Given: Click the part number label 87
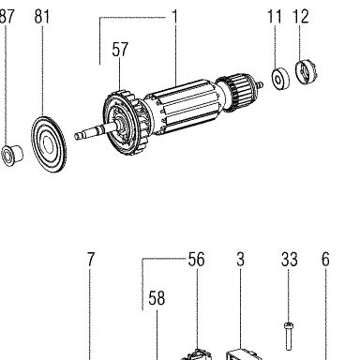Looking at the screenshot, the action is [x=7, y=16].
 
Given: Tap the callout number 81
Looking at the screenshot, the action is [x=42, y=16].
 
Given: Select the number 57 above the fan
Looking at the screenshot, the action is [x=120, y=50].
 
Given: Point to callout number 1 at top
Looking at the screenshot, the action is [x=175, y=17].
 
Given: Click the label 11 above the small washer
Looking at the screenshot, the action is [x=275, y=16].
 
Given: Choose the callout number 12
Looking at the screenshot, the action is [x=301, y=16].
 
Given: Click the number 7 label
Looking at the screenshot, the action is [x=90, y=260].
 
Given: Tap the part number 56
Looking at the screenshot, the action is [x=196, y=260].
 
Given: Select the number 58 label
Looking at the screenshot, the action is [x=157, y=298].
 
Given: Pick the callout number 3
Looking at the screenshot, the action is [x=240, y=260].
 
